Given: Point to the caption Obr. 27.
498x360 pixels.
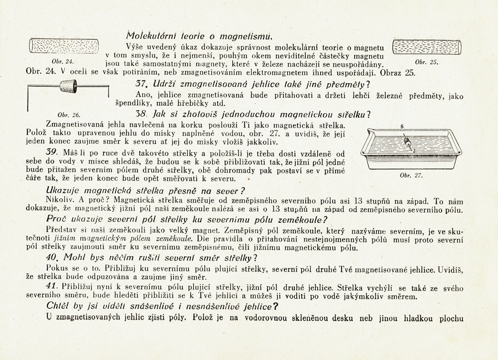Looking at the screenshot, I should coord(411,175).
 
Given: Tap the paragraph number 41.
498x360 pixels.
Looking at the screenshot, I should coord(52,287).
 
